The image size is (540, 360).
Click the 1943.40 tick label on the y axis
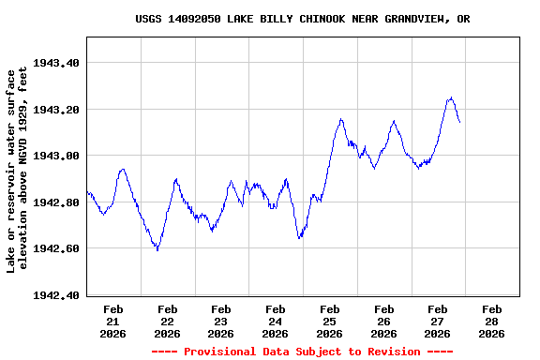[56, 63]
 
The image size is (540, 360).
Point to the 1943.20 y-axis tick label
[56, 110]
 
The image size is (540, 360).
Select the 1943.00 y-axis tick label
[56, 156]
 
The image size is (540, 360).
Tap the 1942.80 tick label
[56, 202]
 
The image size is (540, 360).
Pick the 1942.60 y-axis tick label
[56, 248]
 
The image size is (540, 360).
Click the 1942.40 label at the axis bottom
[56, 295]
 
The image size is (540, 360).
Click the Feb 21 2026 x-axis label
[113, 321]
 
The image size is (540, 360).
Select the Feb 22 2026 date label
[168, 321]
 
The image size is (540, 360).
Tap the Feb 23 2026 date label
[221, 321]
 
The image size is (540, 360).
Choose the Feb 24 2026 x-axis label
[276, 321]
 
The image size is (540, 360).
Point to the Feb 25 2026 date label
[329, 321]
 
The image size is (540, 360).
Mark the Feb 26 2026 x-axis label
[383, 321]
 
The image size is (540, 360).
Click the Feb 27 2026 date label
[437, 321]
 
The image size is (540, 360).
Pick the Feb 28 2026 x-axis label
[491, 321]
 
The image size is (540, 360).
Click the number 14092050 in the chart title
[194, 19]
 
